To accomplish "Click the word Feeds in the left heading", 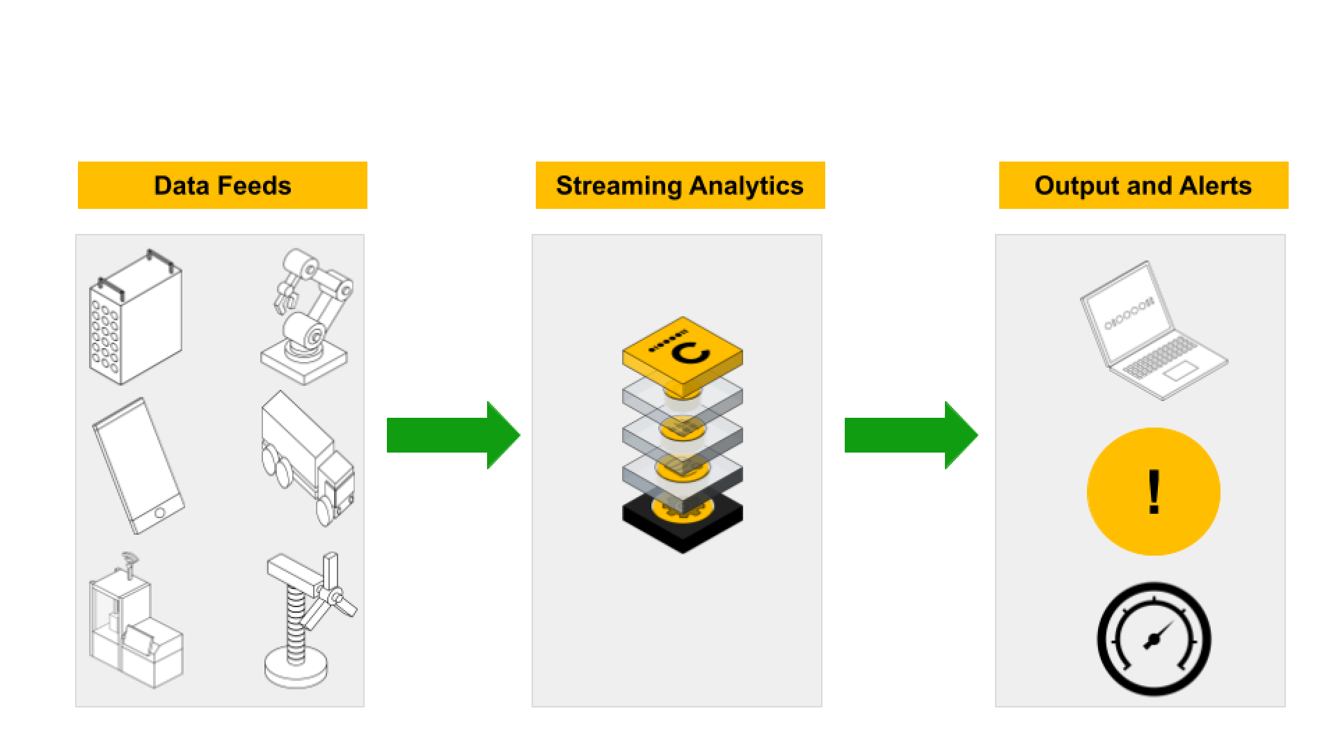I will tap(258, 186).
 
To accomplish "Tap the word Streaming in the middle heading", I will tap(619, 186).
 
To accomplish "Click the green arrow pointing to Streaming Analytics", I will tap(452, 435).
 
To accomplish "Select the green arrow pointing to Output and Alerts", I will tap(910, 435).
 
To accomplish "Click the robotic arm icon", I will tap(306, 317).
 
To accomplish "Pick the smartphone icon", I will tap(138, 465).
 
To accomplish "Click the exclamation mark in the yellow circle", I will tap(1154, 492).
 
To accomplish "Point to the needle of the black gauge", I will tap(1158, 634).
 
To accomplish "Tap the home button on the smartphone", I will tap(159, 513).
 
